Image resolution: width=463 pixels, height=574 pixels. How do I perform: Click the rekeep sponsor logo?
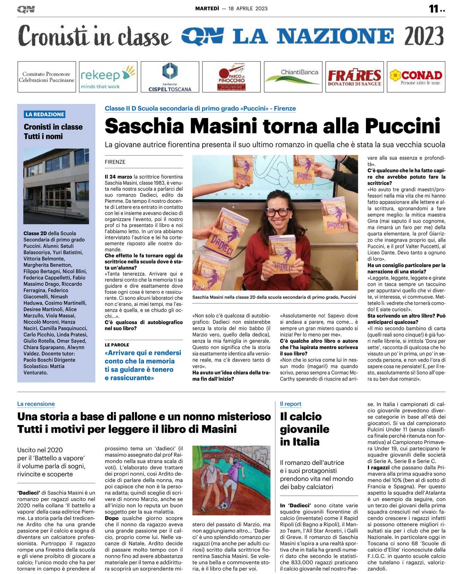pos(108,77)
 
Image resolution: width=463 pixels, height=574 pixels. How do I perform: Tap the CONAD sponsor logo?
pos(416,77)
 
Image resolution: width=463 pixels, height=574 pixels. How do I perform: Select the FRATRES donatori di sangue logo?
pos(354,77)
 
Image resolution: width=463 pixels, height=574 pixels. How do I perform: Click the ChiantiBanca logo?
pos(293,77)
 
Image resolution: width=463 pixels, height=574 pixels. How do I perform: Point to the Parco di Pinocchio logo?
pos(231,77)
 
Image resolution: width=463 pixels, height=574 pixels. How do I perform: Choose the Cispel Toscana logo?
pos(170,77)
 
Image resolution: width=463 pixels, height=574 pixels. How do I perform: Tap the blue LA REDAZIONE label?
pos(45,114)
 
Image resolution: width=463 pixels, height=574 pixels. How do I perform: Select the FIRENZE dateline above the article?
pos(115,162)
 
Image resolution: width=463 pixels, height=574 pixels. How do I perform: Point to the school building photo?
pos(56,186)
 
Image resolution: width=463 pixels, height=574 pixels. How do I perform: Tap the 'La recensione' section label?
pos(36,404)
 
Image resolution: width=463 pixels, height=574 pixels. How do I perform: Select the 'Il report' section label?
pos(290,404)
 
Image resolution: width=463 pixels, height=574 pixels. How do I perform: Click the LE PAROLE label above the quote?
pos(117,345)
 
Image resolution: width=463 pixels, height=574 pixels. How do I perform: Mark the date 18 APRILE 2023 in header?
pos(248,9)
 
